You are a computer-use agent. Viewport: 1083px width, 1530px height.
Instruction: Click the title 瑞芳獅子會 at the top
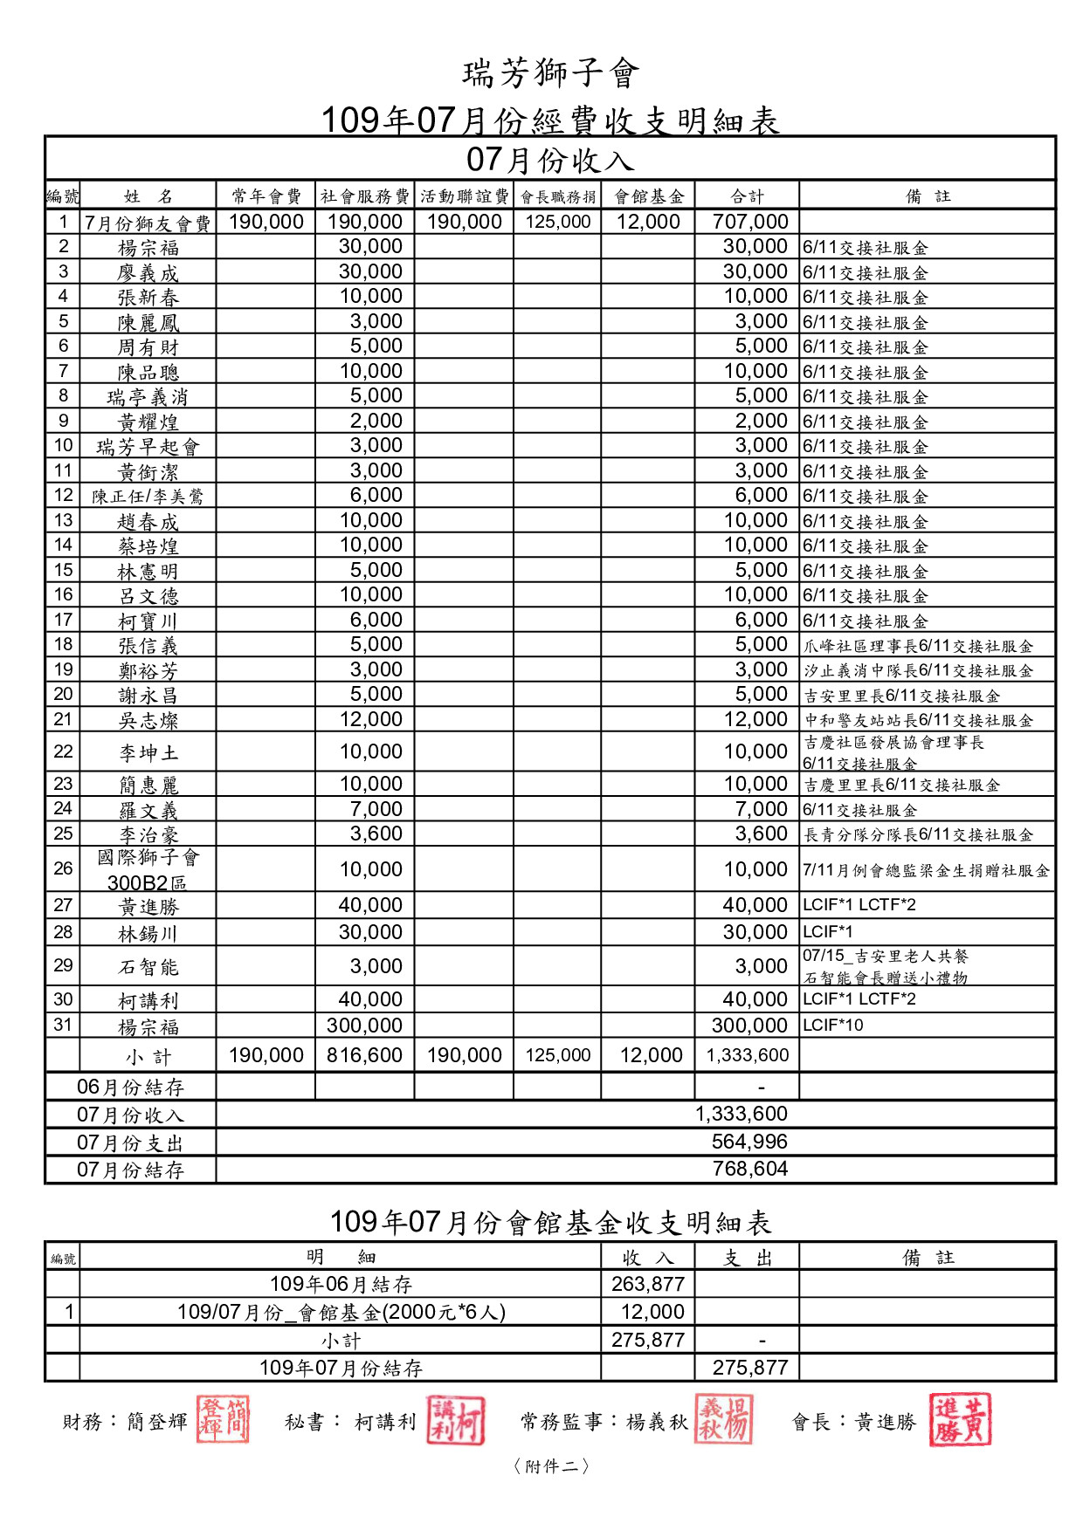pos(551,73)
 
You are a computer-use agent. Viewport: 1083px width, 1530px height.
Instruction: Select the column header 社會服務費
pos(364,196)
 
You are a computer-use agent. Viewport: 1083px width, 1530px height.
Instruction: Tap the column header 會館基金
pos(648,196)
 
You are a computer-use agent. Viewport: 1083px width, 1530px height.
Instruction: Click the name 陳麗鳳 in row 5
pos(148,323)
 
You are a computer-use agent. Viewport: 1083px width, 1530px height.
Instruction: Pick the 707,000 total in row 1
pos(750,223)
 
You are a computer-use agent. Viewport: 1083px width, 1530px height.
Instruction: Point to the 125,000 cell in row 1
pos(558,223)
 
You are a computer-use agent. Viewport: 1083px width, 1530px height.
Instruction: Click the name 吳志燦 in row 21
pos(148,721)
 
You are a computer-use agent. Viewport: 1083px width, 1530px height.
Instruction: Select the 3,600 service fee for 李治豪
pos(376,834)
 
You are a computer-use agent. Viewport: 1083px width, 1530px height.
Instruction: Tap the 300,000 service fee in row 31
pos(364,1026)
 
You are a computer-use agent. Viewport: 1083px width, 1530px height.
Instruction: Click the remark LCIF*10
pos(833,1026)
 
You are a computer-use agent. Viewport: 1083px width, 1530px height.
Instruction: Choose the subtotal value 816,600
pos(364,1056)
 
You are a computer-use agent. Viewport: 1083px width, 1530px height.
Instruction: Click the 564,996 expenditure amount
pos(749,1142)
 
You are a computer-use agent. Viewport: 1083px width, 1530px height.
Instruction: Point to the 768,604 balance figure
pos(749,1170)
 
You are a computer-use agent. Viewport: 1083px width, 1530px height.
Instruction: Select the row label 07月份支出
pos(130,1143)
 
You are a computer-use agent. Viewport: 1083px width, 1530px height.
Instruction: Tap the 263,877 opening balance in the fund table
pos(647,1285)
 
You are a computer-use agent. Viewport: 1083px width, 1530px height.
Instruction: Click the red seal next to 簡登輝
pos(223,1419)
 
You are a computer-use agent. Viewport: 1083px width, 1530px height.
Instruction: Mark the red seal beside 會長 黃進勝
pos(959,1420)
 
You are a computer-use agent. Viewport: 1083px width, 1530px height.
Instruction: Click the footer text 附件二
pos(551,1466)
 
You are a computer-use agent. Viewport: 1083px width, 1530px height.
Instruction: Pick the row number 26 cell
pos(63,869)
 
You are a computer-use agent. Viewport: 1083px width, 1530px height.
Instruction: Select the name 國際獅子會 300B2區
pos(148,870)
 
